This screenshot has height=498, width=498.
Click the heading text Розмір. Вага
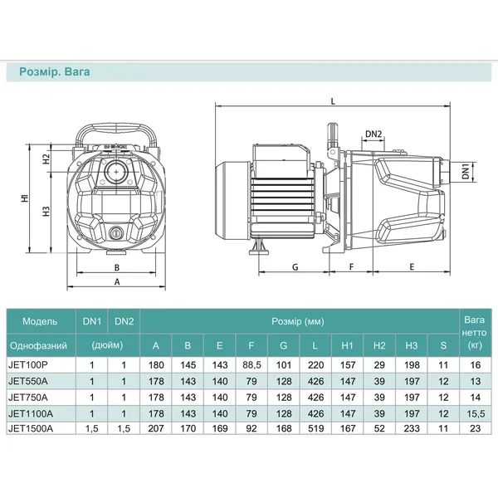[x=54, y=71]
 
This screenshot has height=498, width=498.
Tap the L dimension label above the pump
[x=333, y=101]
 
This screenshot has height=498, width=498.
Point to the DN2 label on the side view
[x=373, y=134]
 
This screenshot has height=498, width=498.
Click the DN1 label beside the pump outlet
[x=466, y=172]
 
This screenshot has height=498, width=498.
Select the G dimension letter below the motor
[x=295, y=267]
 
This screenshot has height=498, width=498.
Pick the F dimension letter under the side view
[x=351, y=266]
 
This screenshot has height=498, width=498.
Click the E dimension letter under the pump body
[x=412, y=266]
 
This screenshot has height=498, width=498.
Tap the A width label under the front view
[x=117, y=281]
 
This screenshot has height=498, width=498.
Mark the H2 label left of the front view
[x=46, y=159]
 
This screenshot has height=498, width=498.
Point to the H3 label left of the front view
[x=46, y=211]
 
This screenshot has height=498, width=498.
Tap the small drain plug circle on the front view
[x=116, y=233]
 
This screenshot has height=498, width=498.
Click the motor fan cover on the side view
[x=232, y=201]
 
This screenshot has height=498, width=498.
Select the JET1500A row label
[x=31, y=429]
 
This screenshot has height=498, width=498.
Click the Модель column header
[x=40, y=321]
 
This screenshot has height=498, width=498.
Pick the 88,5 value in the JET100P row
[x=251, y=365]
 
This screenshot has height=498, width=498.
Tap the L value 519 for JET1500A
[x=315, y=429]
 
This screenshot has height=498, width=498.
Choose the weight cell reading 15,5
[x=476, y=413]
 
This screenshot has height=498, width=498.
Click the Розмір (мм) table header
[x=298, y=321]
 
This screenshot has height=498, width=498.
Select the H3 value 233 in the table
[x=412, y=429]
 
